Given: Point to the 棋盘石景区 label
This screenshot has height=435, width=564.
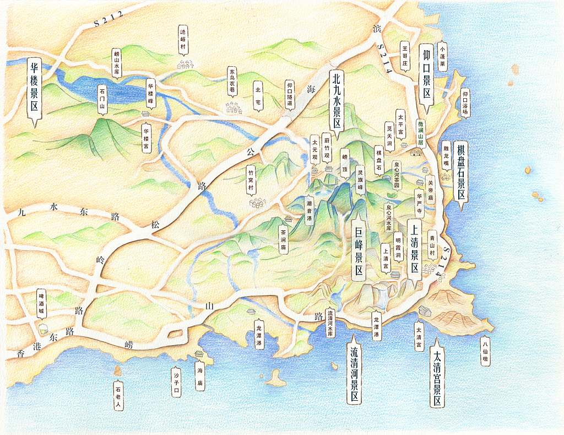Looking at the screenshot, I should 461,171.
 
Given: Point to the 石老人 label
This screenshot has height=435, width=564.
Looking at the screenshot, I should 118,394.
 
